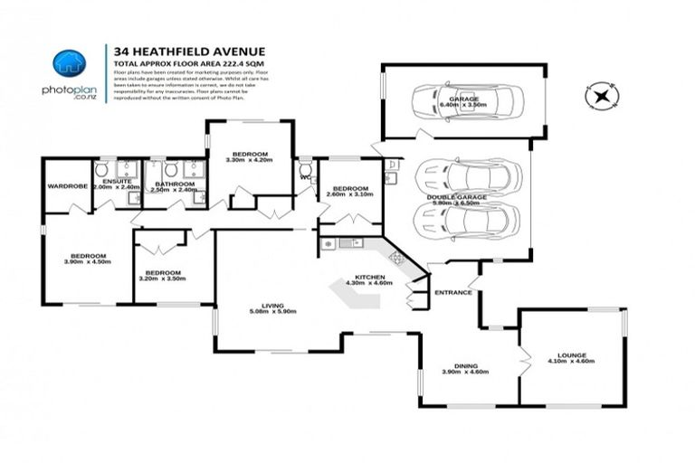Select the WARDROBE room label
tap(67, 187)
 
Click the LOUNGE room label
tap(571, 354)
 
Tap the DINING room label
tap(466, 365)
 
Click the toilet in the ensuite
tap(102, 170)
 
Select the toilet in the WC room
tap(306, 169)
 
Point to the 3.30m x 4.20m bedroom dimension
tap(248, 161)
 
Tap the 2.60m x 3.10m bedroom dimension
tap(348, 194)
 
